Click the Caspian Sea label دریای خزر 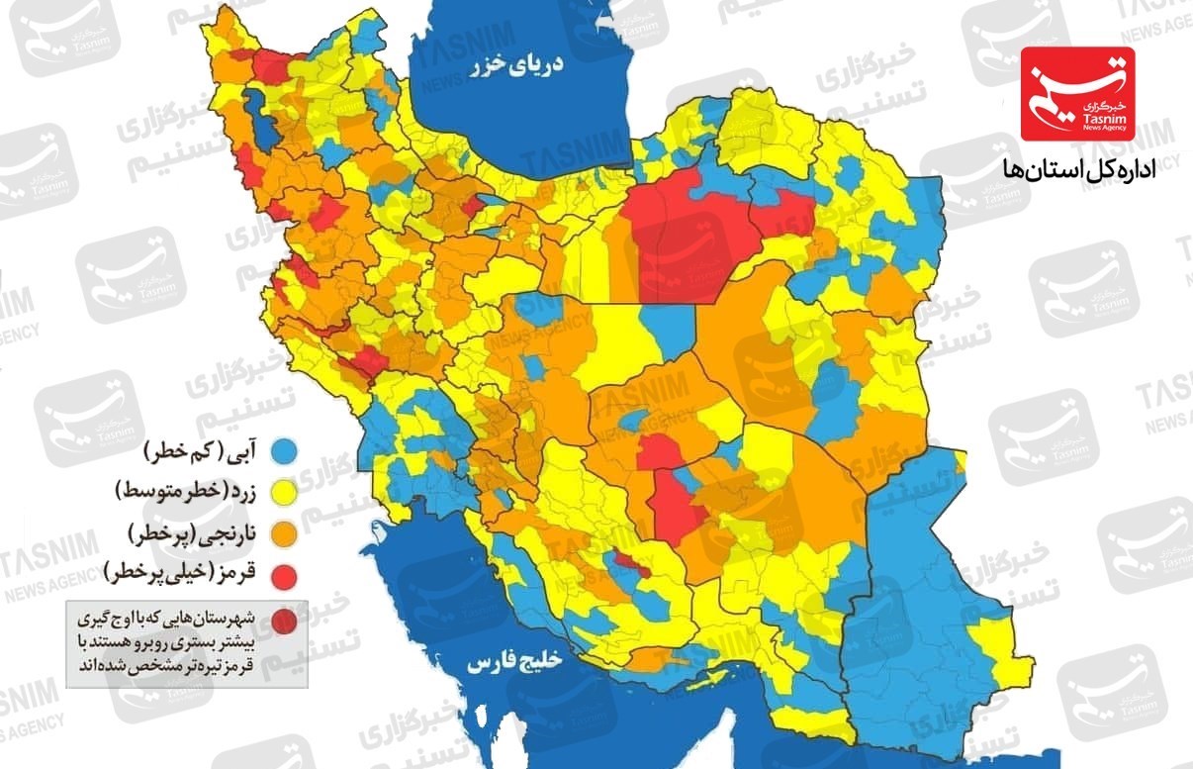pos(516,66)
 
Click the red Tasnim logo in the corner pos(1077,93)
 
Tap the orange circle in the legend pos(286,533)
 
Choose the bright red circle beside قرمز pos(286,573)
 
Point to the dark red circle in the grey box pos(284,621)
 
